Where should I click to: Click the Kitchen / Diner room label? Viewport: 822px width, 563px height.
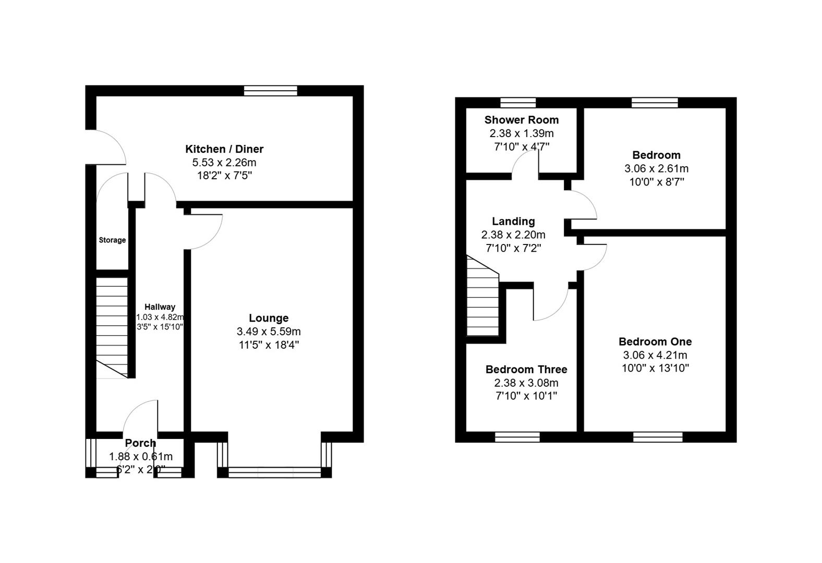click(x=224, y=149)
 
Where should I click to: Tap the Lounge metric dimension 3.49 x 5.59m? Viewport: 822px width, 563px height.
click(x=269, y=332)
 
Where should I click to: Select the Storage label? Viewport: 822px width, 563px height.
click(x=112, y=240)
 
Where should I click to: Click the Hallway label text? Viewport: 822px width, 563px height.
click(x=160, y=307)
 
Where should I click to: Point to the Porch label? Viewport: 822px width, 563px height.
click(x=140, y=443)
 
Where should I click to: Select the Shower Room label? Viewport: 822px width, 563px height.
click(x=521, y=120)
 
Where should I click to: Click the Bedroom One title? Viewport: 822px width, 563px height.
click(x=655, y=342)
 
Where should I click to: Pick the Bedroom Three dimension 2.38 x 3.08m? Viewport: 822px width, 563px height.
click(x=526, y=383)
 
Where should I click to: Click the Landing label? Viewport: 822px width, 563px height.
click(x=513, y=222)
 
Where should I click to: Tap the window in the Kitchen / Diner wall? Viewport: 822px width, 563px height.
click(x=271, y=91)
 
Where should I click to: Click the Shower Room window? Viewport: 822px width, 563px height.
click(x=518, y=102)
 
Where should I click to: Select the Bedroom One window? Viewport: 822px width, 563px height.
click(x=658, y=437)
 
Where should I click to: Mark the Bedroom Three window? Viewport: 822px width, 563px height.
click(x=517, y=437)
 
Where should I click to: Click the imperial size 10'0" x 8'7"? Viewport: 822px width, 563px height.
click(x=656, y=182)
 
